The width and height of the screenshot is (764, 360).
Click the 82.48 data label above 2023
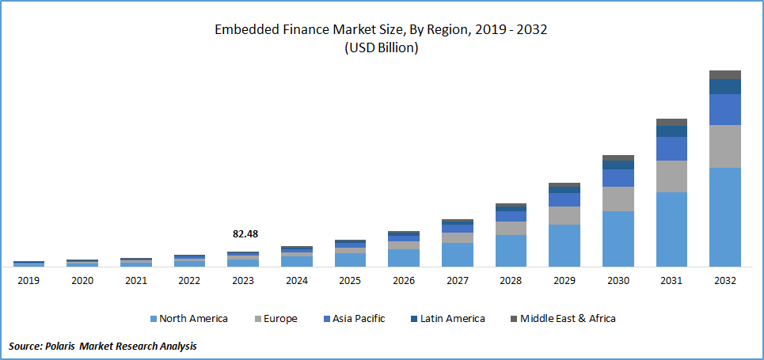pos(245,234)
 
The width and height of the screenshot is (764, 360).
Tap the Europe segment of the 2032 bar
pos(724,146)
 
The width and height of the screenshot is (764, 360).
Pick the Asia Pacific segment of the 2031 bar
pos(671,149)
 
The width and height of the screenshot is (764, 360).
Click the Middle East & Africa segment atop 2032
pos(724,74)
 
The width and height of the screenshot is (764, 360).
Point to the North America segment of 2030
pos(618,238)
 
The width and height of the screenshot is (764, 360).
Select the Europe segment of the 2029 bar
pos(564,215)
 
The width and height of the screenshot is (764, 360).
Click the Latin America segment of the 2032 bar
pos(724,86)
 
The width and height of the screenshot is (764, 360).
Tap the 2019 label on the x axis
pos(29,281)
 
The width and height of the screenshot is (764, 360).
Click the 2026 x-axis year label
pos(403,281)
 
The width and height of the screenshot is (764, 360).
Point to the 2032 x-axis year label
pos(724,281)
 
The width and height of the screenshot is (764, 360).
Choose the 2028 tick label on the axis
pos(511,281)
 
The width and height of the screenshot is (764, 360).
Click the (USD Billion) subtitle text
pos(381,47)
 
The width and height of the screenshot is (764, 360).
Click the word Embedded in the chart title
pos(244,30)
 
